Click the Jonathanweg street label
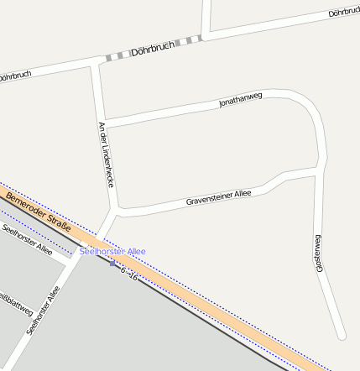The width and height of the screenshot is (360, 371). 241,100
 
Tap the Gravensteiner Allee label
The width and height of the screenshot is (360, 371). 218,198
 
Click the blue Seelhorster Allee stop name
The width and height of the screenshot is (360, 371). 113,251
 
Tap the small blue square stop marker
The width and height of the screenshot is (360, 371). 113,264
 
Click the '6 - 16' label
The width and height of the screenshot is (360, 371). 129,274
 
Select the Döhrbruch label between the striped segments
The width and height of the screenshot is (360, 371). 152,50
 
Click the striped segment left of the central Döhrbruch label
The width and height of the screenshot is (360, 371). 117,56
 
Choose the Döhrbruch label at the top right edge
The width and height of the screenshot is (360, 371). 343,13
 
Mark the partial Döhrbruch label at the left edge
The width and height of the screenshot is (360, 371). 14,76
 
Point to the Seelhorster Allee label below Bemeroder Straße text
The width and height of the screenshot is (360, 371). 27,240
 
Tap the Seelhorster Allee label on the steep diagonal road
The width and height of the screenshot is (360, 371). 44,311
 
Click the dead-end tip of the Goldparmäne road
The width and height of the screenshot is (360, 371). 341,336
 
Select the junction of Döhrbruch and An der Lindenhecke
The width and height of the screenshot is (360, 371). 97,63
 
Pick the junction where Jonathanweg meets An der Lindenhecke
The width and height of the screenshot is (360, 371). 104,124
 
